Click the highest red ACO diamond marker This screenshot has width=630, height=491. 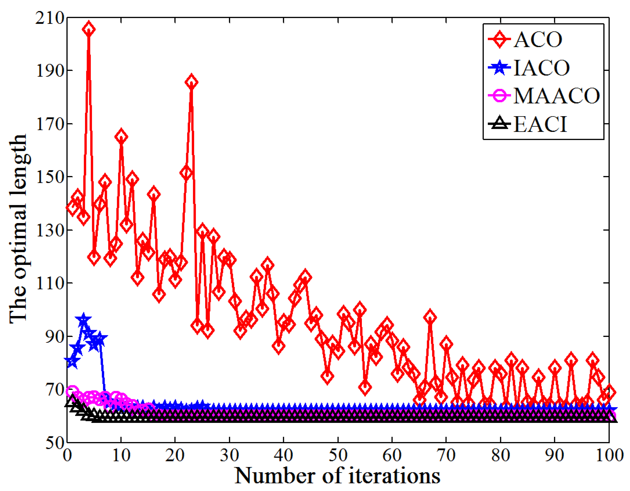89,29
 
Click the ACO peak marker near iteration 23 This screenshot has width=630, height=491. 191,82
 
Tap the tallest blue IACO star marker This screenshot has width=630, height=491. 83,320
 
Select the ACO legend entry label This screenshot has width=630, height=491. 538,40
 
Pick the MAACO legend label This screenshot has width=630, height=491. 557,96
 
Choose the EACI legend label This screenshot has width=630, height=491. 540,124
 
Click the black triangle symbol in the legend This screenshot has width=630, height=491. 499,124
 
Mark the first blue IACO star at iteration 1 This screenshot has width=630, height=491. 72,361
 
